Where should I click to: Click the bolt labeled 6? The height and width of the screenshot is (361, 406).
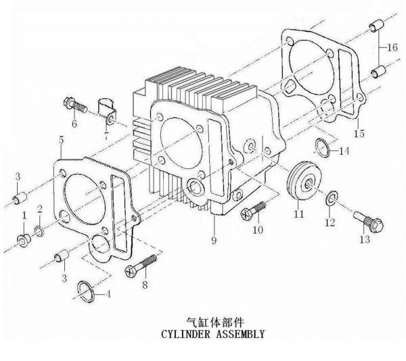click(x=74, y=105)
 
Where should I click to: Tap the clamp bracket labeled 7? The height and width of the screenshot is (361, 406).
click(x=106, y=112)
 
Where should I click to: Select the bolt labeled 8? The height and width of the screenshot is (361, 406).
click(x=141, y=266)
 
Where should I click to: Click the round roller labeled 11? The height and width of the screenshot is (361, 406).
click(x=304, y=180)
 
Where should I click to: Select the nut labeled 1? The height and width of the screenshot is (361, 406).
click(x=23, y=240)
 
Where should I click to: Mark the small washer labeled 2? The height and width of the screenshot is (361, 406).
click(x=39, y=231)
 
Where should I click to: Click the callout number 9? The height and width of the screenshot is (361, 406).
click(x=214, y=241)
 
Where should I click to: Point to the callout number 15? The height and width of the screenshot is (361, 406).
click(x=359, y=133)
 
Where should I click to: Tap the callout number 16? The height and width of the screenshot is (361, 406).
click(x=392, y=47)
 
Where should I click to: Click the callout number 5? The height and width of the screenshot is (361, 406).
click(x=61, y=140)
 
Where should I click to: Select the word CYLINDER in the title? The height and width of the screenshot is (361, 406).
click(x=185, y=334)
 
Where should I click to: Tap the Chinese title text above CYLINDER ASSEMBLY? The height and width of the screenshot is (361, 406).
click(x=215, y=322)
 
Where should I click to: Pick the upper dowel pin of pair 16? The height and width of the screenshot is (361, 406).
click(x=376, y=26)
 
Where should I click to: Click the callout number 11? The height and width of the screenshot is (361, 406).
click(x=298, y=214)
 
